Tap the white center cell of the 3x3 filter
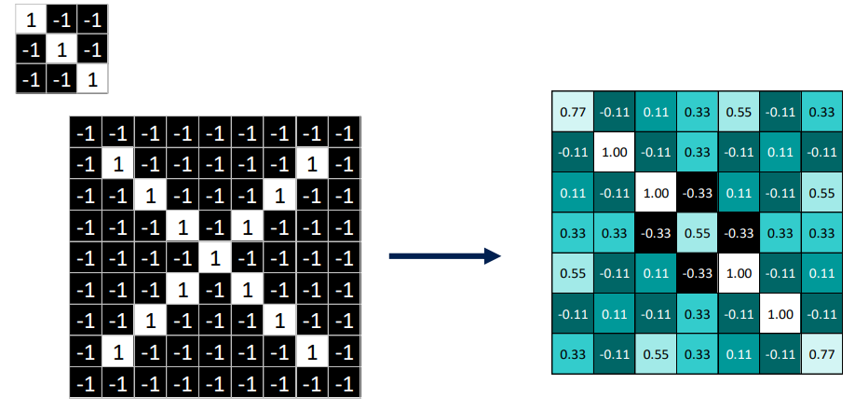click(61, 48)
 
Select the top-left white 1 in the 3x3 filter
click(31, 18)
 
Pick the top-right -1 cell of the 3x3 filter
click(92, 18)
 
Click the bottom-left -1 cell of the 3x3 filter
click(31, 79)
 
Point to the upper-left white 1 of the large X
click(117, 165)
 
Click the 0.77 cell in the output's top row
click(573, 112)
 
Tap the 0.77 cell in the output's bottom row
click(821, 354)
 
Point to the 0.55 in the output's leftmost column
click(573, 275)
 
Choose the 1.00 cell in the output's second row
click(614, 152)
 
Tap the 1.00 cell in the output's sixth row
click(780, 314)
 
